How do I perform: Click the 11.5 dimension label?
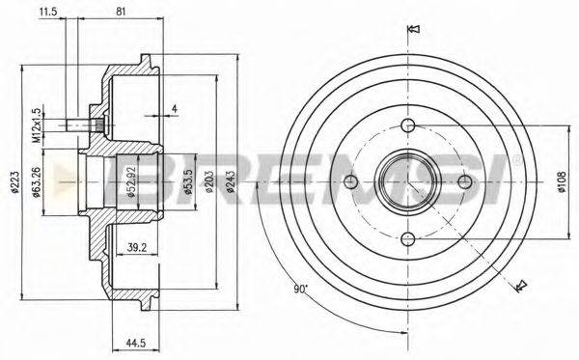[47, 11]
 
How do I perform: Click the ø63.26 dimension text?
[60, 179]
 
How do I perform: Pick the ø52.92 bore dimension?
[128, 180]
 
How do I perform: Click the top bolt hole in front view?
[407, 125]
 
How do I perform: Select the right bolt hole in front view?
[465, 180]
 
